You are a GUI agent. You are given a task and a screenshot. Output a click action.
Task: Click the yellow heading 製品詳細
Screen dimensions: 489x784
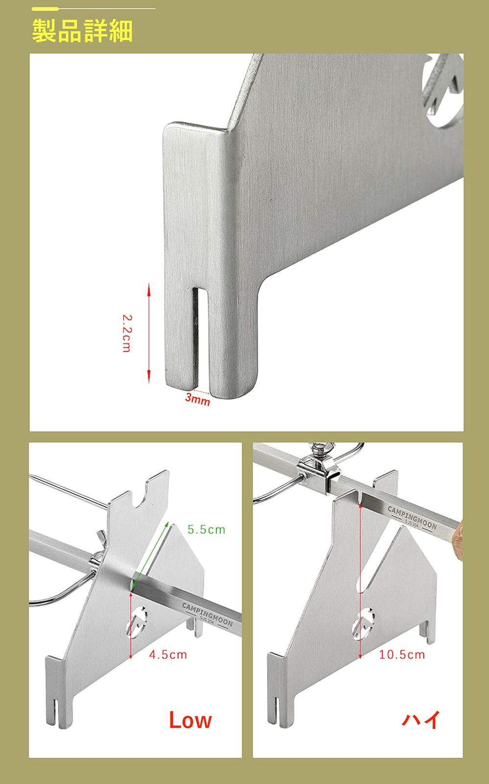point(83,31)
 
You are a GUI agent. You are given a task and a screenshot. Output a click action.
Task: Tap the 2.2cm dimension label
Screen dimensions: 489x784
point(127,333)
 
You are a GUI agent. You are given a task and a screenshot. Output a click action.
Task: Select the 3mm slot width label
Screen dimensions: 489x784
point(197,399)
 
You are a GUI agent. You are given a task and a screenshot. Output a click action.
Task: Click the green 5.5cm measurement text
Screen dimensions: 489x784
point(206,530)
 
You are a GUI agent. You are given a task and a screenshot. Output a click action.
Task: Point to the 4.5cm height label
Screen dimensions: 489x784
point(168,655)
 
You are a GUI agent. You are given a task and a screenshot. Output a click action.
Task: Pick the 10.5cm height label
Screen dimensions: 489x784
point(402,655)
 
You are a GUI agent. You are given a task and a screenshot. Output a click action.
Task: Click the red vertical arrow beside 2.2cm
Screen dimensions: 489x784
point(148,333)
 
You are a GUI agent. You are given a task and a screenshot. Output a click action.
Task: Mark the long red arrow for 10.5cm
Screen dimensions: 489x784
point(360,581)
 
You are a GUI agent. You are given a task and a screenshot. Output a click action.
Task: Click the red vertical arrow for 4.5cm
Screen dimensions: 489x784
point(131,625)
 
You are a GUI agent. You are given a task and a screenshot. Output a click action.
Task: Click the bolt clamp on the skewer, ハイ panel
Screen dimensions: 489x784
point(318,467)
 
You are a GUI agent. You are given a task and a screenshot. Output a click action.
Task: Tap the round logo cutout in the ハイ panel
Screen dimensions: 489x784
point(364,623)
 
